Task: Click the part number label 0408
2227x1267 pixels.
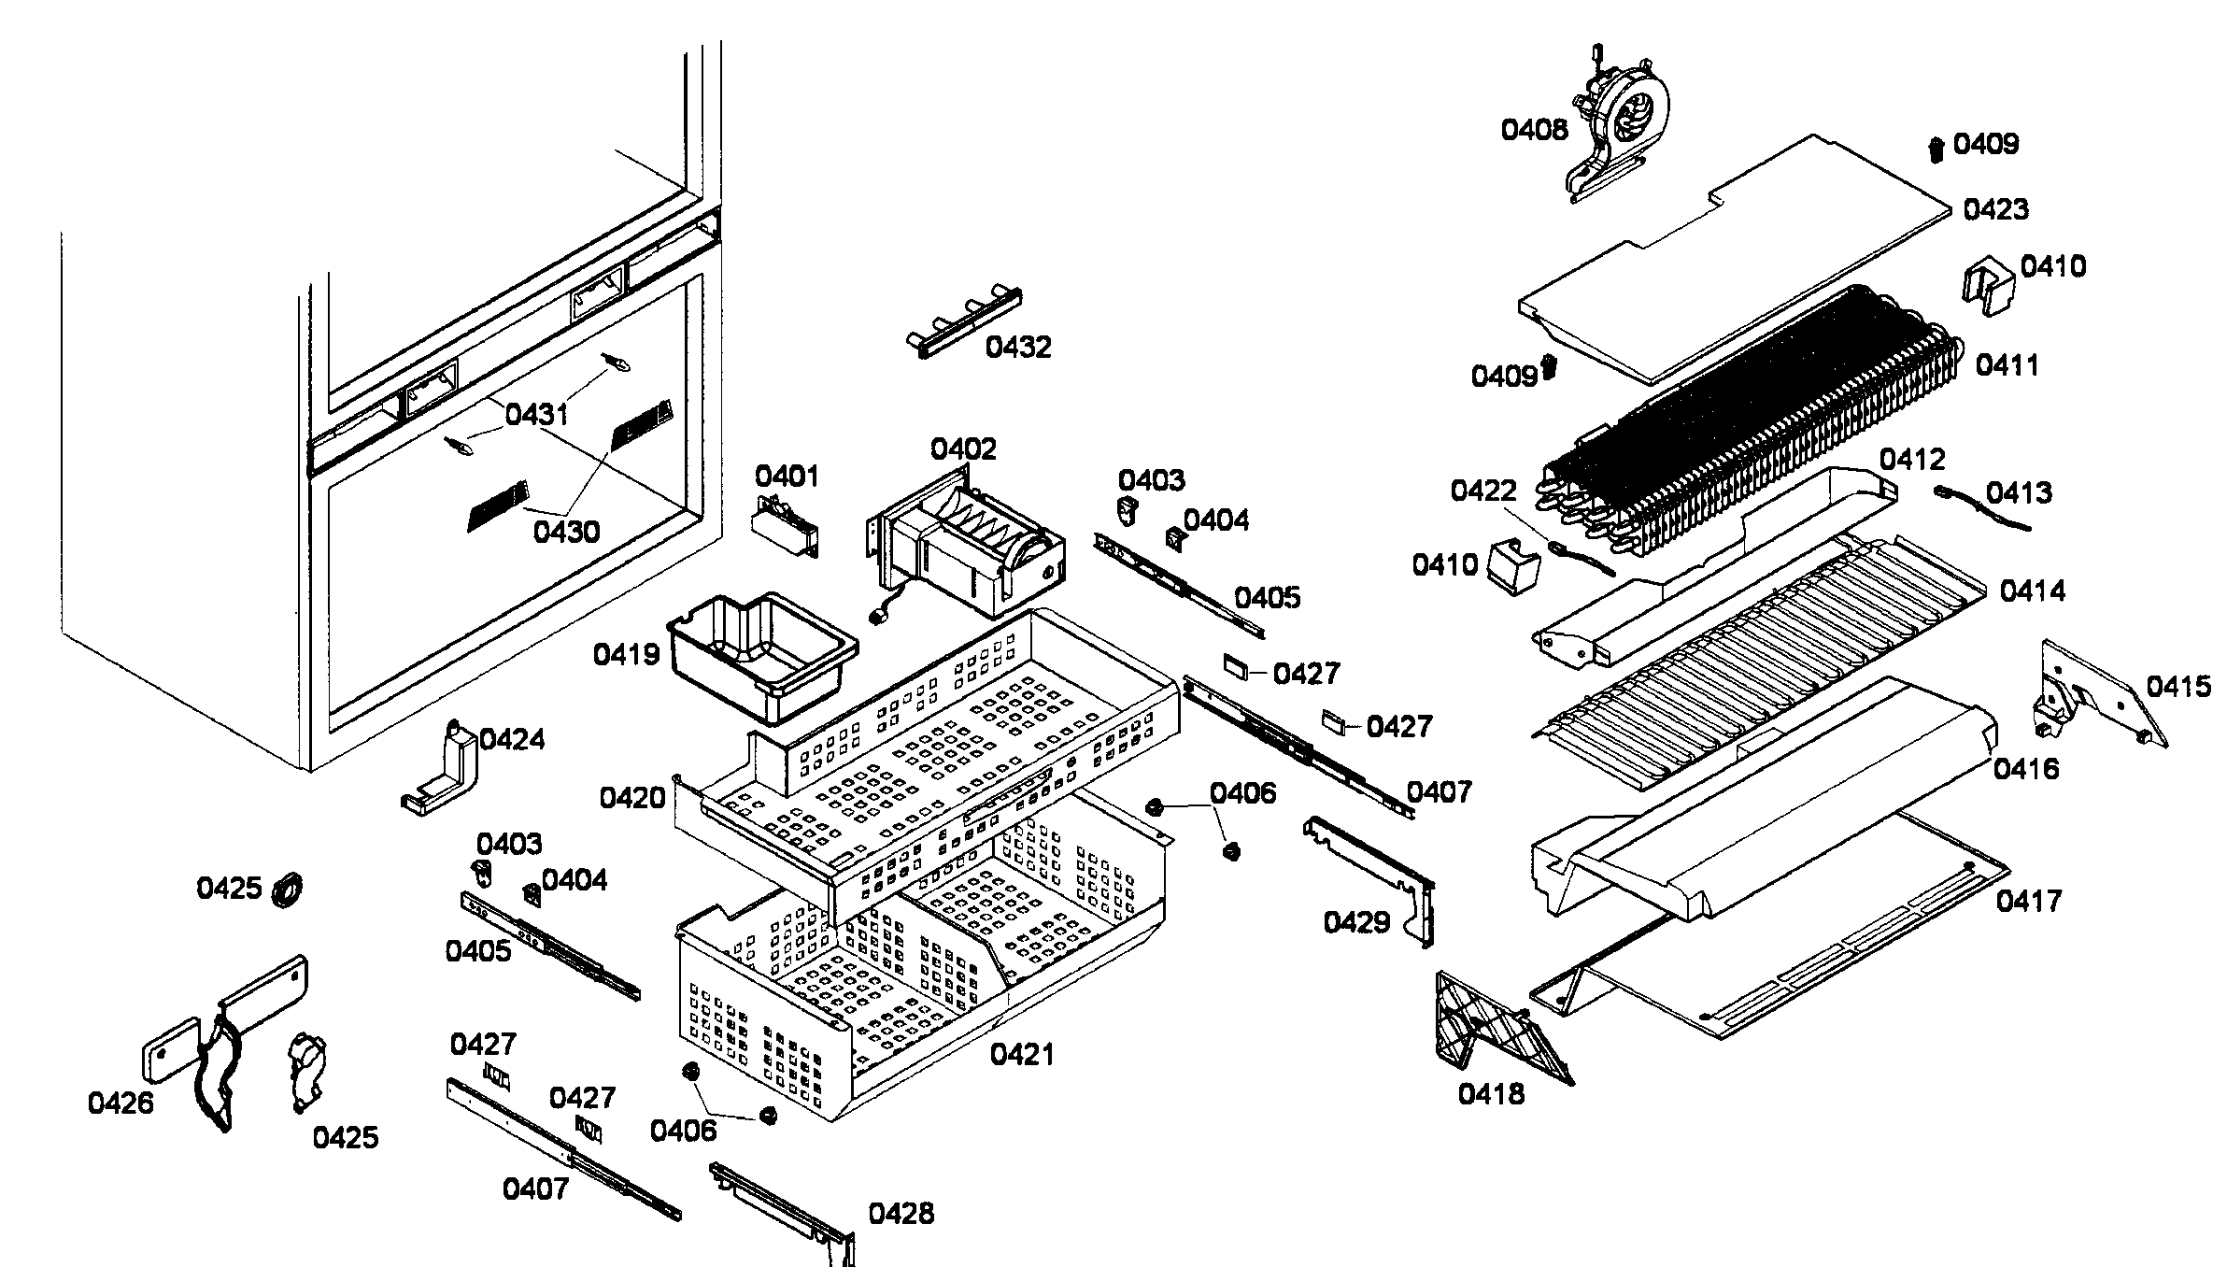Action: pyautogui.click(x=1534, y=130)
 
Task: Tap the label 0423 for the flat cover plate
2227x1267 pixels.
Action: pyautogui.click(x=1996, y=209)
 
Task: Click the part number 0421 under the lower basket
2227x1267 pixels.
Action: pyautogui.click(x=1022, y=1056)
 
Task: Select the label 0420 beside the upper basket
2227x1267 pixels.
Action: pyautogui.click(x=632, y=798)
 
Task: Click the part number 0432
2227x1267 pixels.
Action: pyautogui.click(x=1018, y=348)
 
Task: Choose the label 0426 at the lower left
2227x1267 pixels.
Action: pyautogui.click(x=121, y=1103)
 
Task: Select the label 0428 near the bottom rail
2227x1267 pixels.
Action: pyautogui.click(x=901, y=1214)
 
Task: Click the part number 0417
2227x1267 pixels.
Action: pyautogui.click(x=2029, y=901)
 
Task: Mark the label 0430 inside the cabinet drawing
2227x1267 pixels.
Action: pyautogui.click(x=566, y=532)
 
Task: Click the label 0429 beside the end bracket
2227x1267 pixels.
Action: pyautogui.click(x=1356, y=923)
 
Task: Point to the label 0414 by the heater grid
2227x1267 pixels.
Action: pyautogui.click(x=2033, y=591)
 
